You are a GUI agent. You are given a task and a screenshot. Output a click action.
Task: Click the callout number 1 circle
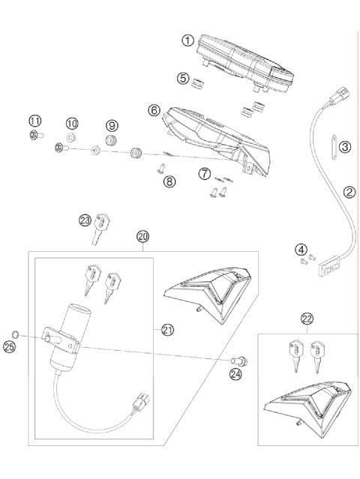click(x=188, y=41)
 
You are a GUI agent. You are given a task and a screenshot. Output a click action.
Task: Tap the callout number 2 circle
click(x=349, y=192)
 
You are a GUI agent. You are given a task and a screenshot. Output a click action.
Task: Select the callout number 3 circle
click(x=344, y=146)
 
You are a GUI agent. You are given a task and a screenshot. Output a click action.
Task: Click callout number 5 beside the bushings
click(x=182, y=78)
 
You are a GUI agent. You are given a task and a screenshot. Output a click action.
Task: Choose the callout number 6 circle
click(x=154, y=110)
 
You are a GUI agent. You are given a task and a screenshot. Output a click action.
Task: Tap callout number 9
click(x=112, y=124)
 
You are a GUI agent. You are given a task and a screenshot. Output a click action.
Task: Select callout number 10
click(x=72, y=123)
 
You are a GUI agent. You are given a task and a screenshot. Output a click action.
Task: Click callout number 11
click(x=34, y=121)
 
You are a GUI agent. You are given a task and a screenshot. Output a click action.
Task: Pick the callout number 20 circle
click(x=142, y=236)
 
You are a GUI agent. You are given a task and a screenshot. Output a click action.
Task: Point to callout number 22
click(x=307, y=319)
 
